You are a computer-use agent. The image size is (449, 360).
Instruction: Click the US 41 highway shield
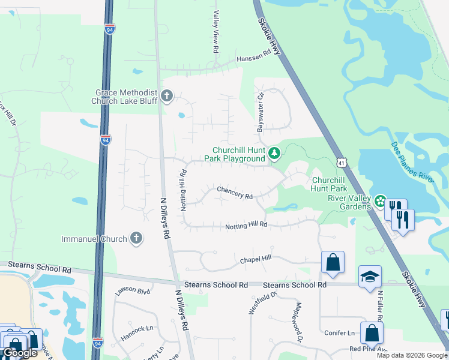tap(341, 163)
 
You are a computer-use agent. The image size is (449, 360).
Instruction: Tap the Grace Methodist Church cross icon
tap(166, 95)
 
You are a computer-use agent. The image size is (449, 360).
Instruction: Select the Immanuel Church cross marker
tap(136, 239)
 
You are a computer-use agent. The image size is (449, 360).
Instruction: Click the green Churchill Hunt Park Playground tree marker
tap(274, 154)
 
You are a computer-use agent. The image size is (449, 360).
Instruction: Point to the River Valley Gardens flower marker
tap(380, 201)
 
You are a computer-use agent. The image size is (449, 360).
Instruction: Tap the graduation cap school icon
tap(370, 277)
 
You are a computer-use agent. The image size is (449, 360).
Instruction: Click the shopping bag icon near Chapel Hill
tap(333, 262)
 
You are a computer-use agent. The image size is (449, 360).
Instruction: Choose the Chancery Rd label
tap(235, 192)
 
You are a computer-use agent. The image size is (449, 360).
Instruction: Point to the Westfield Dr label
tap(262, 302)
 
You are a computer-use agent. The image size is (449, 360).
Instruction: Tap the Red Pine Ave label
tap(367, 349)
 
